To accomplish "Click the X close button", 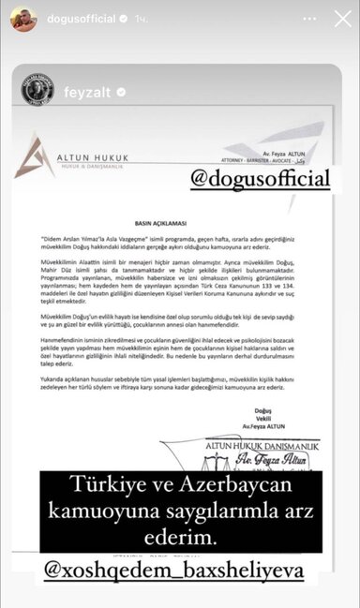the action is pyautogui.click(x=340, y=19).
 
